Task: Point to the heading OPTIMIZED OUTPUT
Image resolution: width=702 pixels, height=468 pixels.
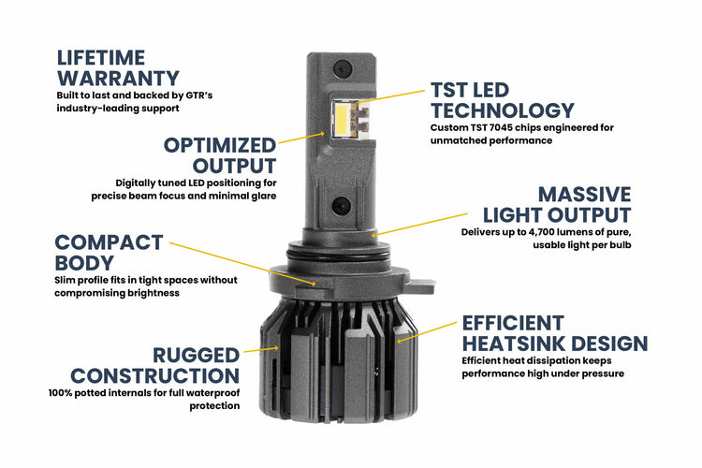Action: click(220, 155)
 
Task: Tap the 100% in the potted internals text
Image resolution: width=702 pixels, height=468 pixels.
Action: click(62, 392)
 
